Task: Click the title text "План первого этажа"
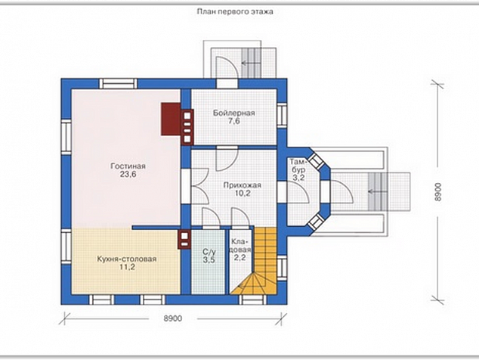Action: [235, 12]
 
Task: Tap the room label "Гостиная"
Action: [128, 166]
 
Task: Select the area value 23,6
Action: [128, 175]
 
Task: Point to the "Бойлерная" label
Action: [233, 113]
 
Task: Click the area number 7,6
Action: [233, 121]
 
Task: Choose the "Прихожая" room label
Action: [242, 185]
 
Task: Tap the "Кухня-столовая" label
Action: [127, 259]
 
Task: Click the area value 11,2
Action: [127, 267]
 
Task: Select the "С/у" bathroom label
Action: [209, 252]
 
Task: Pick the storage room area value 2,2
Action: [239, 258]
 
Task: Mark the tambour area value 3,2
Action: [298, 178]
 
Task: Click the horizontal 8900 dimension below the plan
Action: [173, 318]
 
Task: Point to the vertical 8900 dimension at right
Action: [437, 192]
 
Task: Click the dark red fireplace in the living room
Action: [171, 119]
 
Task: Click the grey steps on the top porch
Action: [252, 63]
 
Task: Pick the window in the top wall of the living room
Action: [118, 83]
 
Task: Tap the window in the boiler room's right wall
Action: [282, 115]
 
